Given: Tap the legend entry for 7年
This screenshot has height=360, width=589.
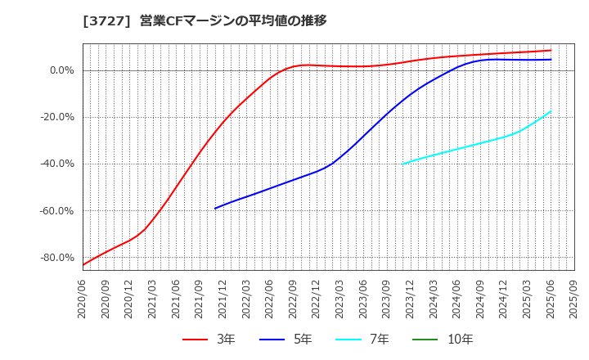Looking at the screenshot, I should [369, 339].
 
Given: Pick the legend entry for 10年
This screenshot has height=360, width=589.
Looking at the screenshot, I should [450, 339].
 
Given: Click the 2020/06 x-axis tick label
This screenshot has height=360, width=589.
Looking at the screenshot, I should [83, 299].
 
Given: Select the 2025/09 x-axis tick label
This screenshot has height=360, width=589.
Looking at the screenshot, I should [574, 299].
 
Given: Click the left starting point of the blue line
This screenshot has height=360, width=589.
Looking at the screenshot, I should [215, 209].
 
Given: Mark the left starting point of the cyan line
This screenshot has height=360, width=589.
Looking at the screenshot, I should [402, 164].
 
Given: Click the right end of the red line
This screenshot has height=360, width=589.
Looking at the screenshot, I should [551, 50].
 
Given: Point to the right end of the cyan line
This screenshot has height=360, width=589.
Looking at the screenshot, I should [551, 111].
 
